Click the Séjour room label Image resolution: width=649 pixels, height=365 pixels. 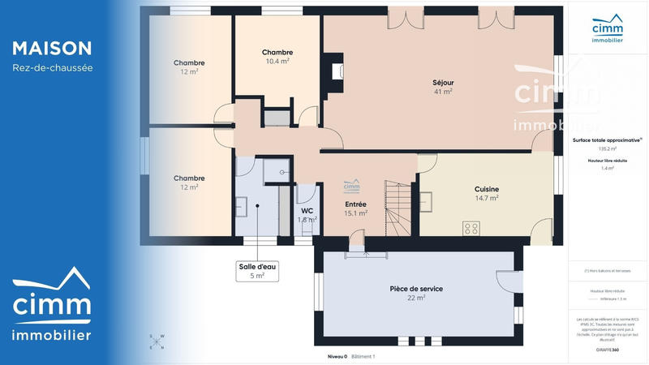[x=442, y=83]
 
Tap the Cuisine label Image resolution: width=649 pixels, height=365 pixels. [x=486, y=189]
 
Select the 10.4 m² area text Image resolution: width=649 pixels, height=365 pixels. [x=277, y=62]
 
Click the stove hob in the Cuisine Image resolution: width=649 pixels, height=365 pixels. [x=471, y=228]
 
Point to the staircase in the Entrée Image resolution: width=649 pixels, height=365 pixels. [x=398, y=208]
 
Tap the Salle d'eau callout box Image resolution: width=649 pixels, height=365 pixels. [x=257, y=271]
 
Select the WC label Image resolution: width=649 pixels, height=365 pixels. [x=307, y=211]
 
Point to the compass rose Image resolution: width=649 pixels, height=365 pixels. [x=157, y=341]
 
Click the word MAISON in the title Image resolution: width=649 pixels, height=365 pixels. [x=52, y=49]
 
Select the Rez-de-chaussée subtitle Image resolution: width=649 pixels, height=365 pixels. [x=53, y=68]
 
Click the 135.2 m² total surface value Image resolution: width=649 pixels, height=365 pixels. [x=607, y=149]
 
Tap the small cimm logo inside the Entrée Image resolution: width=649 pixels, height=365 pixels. [x=351, y=185]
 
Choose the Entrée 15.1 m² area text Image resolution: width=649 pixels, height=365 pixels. [x=356, y=213]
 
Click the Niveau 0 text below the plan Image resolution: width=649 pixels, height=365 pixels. [x=337, y=356]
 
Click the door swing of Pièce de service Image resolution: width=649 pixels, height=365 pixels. [x=509, y=281]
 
